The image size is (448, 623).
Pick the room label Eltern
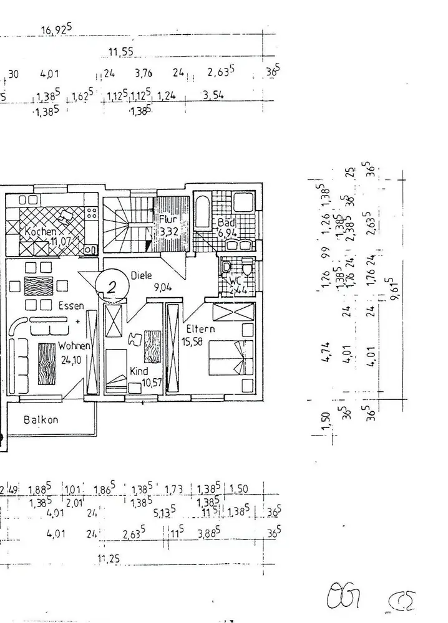tap(200, 328)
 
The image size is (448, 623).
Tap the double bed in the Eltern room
tap(231, 359)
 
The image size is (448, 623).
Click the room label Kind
tap(139, 371)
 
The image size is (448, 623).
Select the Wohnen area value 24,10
tap(70, 358)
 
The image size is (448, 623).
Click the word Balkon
tap(41, 419)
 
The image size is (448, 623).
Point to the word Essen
tap(71, 307)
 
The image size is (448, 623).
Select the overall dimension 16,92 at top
tap(56, 31)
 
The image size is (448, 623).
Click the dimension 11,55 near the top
tap(120, 52)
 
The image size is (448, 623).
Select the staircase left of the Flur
tap(127, 224)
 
